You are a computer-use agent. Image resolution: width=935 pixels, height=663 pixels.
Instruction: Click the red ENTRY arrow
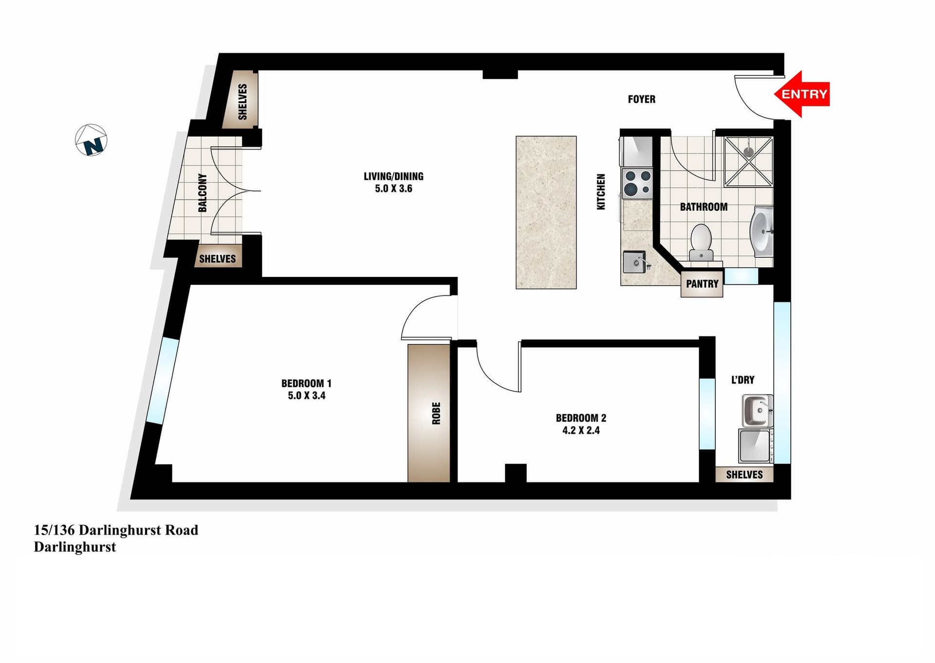click(x=802, y=94)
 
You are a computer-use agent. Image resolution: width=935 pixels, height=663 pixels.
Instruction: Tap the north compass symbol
click(x=91, y=140)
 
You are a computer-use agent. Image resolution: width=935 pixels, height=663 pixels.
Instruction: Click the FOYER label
click(x=641, y=99)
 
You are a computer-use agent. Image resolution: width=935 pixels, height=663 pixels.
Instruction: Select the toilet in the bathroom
click(x=701, y=242)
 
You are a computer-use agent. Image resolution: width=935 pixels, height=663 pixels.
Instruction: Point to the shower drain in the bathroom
click(x=748, y=152)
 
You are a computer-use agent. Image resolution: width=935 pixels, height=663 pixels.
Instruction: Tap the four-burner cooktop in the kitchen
click(x=637, y=183)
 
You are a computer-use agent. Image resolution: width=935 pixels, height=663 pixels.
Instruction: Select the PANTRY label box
click(x=702, y=284)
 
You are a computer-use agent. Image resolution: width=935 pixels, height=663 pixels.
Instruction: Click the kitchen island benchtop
click(x=546, y=213)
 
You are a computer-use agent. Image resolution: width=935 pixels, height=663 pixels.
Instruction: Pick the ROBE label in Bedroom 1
click(x=436, y=413)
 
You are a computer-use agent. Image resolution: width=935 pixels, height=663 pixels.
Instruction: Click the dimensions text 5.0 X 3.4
click(x=306, y=396)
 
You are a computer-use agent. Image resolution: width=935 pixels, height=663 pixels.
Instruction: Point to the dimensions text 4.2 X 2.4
click(x=581, y=430)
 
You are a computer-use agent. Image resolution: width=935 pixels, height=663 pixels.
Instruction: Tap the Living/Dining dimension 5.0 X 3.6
click(x=393, y=189)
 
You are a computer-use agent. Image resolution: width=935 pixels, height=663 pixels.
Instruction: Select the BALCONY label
click(x=203, y=193)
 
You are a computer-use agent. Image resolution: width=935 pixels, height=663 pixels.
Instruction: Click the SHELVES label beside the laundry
click(x=744, y=475)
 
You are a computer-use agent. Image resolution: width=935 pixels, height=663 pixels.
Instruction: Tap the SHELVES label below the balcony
click(x=217, y=259)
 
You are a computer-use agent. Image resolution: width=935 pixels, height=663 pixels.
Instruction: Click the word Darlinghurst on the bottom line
click(x=75, y=547)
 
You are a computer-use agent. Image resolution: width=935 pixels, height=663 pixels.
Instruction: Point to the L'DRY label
click(x=743, y=380)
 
